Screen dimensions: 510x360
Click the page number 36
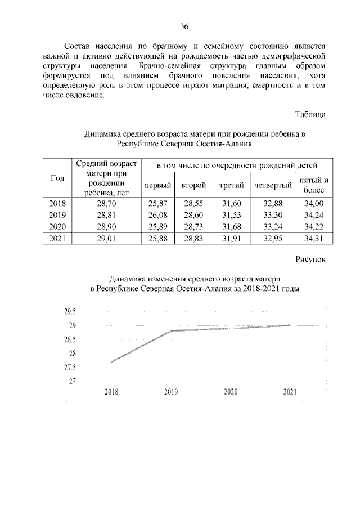183,26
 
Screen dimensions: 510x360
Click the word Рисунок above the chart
310,260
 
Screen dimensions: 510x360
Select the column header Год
57,178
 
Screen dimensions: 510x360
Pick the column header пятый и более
314,185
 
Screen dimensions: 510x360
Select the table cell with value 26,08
157,216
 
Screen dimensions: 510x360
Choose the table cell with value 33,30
273,216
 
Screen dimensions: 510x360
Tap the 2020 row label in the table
57,227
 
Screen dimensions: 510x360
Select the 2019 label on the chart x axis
172,392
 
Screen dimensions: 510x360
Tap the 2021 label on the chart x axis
290,392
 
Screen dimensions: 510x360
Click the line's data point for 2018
111,361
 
